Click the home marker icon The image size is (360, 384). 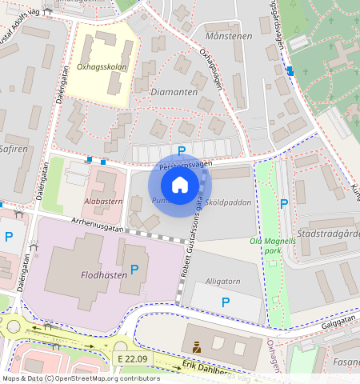point(180,185)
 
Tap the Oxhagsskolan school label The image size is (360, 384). point(102,68)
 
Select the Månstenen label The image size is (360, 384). point(228,36)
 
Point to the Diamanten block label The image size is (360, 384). point(174,92)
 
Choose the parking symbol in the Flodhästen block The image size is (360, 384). point(134,270)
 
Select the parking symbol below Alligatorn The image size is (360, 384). point(226,302)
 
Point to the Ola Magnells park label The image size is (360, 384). point(267,246)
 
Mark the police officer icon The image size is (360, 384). point(196,346)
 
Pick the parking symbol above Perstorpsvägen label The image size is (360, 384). point(182,150)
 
